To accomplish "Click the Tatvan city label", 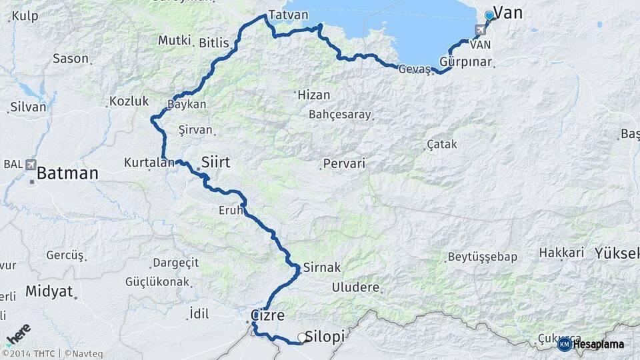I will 288,15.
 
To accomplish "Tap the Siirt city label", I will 220,161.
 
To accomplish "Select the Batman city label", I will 67,174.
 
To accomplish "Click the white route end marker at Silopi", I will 302,338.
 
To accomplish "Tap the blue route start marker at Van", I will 489,15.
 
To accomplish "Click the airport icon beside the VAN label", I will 480,30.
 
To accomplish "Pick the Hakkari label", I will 561,253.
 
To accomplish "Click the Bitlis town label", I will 213,43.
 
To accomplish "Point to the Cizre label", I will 268,315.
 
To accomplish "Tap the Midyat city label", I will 48,291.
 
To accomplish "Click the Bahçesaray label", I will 339,115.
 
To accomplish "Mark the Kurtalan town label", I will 145,162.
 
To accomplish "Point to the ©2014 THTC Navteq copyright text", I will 48,353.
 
